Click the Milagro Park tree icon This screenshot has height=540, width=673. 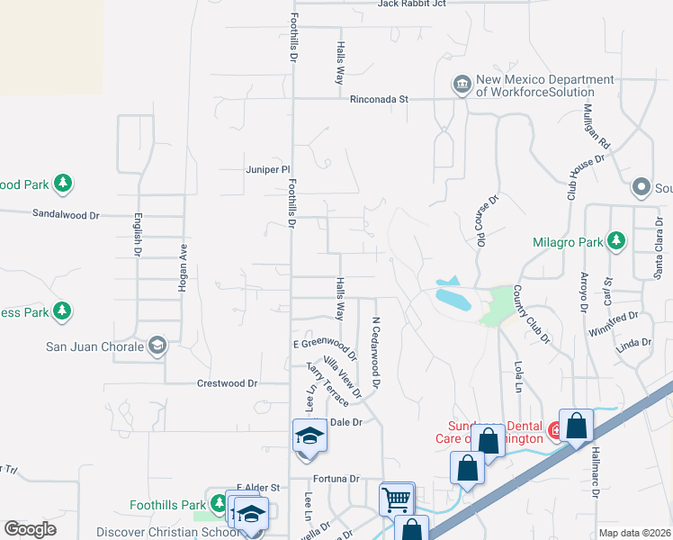click(x=615, y=240)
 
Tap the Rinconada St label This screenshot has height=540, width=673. click(x=380, y=99)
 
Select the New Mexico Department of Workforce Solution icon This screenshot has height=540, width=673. click(x=462, y=85)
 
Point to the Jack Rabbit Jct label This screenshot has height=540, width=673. click(x=412, y=4)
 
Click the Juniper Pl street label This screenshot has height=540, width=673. click(x=268, y=168)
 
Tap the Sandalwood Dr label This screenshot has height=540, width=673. click(x=66, y=215)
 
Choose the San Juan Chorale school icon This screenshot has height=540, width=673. click(x=157, y=346)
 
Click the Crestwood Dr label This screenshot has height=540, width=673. click(x=227, y=383)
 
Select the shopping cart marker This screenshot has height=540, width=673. click(x=397, y=498)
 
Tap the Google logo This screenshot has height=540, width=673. click(x=30, y=529)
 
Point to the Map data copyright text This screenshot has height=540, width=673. click(x=635, y=533)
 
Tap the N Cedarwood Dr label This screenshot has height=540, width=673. click(x=376, y=350)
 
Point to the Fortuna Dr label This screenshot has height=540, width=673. click(x=336, y=479)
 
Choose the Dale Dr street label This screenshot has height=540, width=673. click(x=345, y=422)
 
